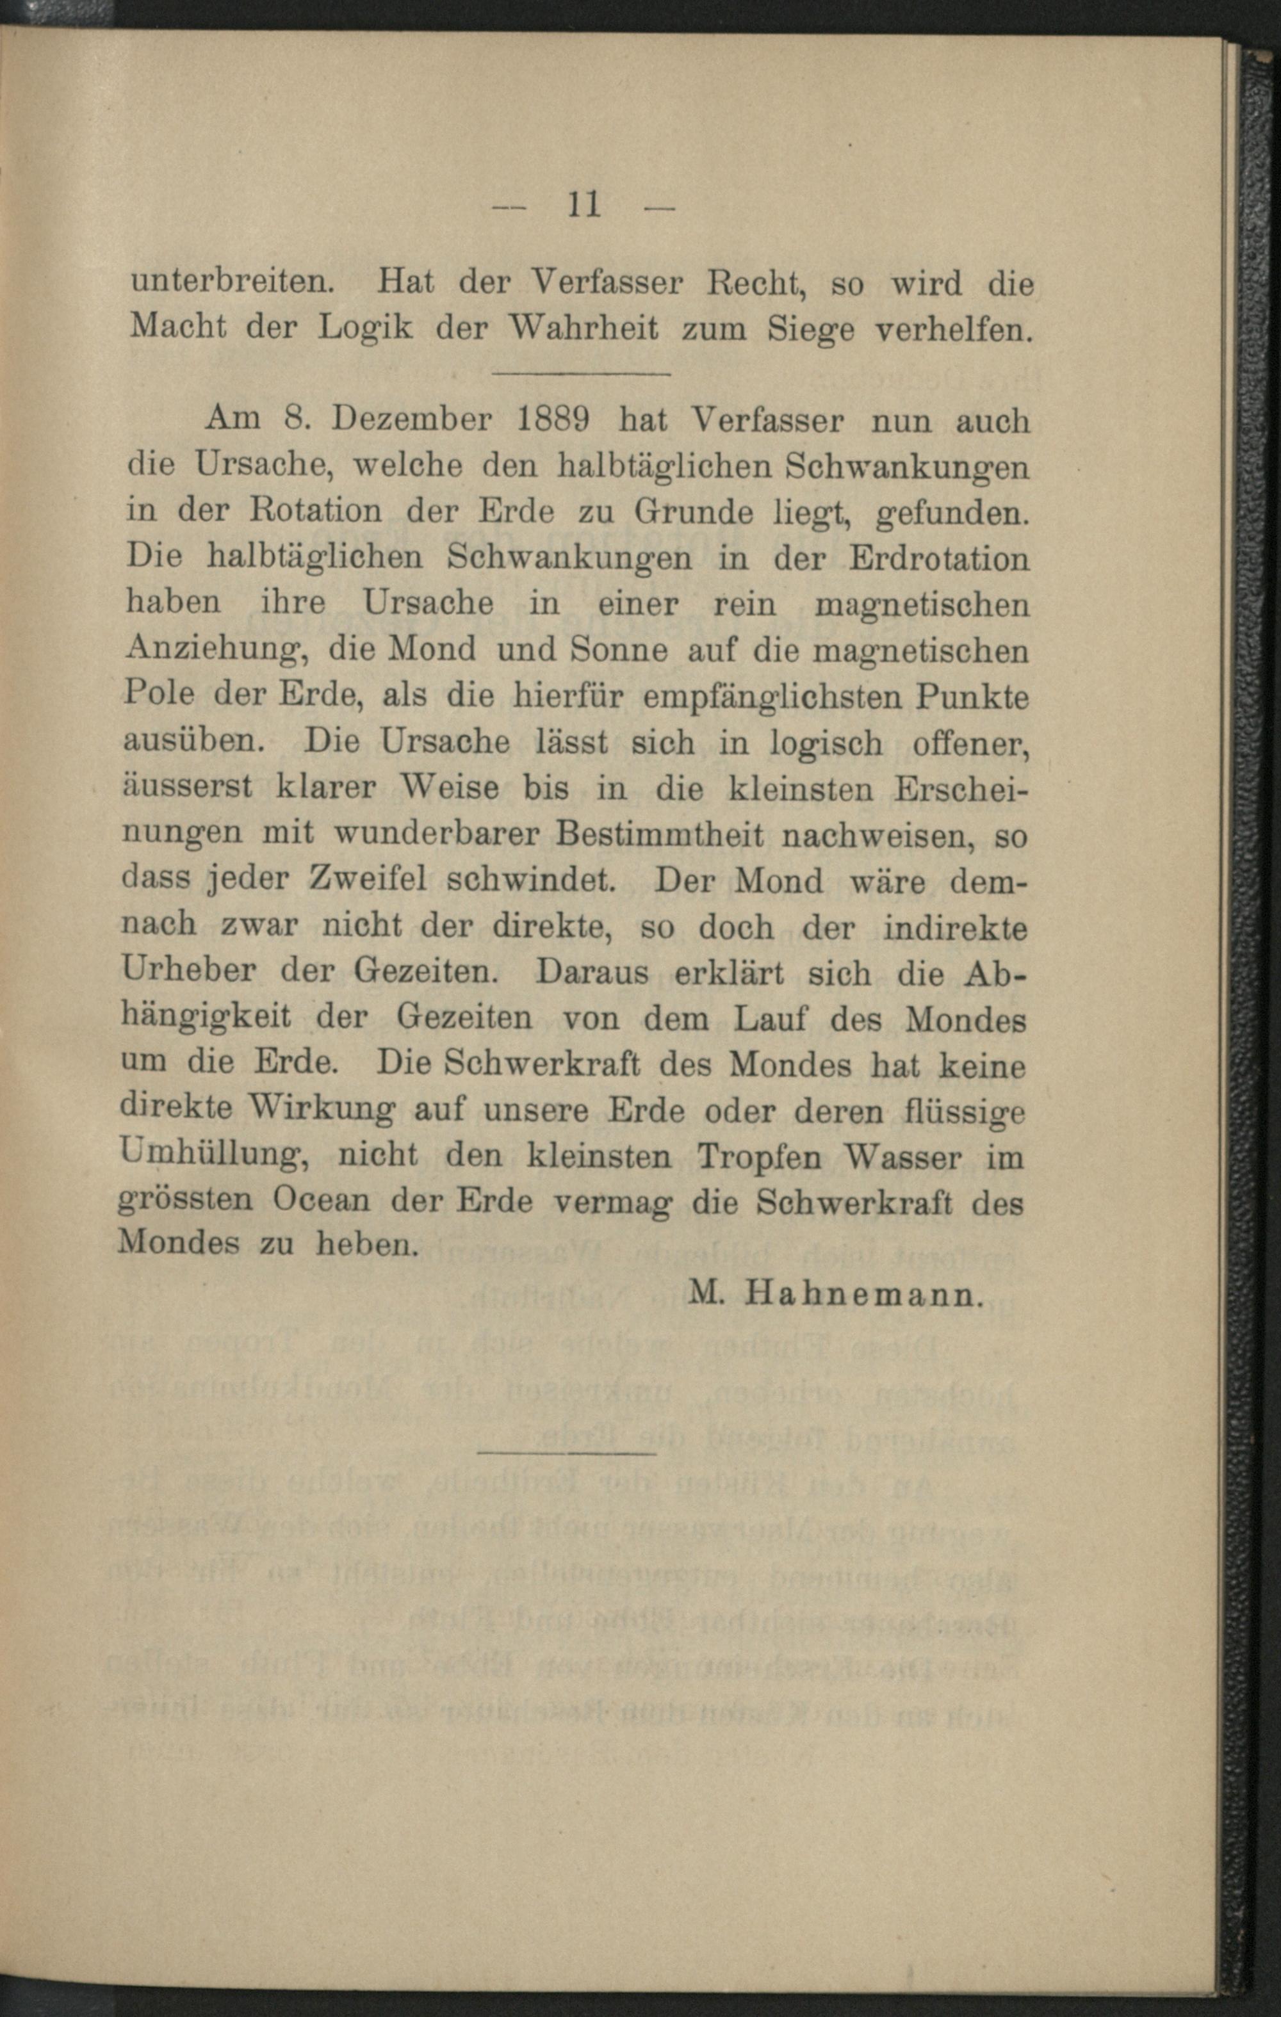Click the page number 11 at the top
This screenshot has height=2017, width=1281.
pos(585,204)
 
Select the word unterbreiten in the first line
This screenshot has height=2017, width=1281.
pos(232,282)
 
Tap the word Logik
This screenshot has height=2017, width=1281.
pos(366,327)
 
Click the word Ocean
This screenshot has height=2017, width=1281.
pos(320,1202)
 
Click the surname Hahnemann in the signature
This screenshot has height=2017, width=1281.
pos(862,1295)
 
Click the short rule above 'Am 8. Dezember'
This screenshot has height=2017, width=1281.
pos(582,373)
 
